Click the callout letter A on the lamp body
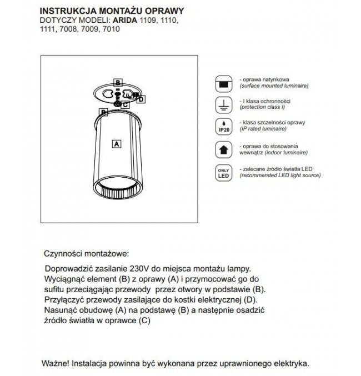117,143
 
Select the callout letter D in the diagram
141,99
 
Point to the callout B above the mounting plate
117,82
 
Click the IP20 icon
222,125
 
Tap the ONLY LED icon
222,172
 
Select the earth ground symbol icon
222,104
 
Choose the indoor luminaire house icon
222,149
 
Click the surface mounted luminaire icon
222,83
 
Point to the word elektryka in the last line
289,363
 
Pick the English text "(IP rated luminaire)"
263,128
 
